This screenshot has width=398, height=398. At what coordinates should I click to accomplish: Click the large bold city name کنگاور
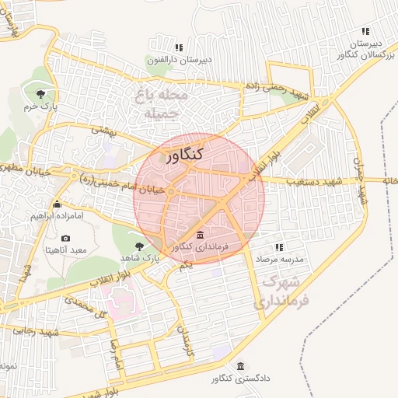[184, 154]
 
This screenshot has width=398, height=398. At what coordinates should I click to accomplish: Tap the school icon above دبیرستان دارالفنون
[159, 47]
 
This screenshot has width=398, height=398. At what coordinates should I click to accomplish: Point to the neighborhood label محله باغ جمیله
[166, 104]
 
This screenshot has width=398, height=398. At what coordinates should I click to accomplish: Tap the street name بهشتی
[103, 131]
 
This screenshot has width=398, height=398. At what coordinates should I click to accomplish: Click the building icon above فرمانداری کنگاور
[201, 235]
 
